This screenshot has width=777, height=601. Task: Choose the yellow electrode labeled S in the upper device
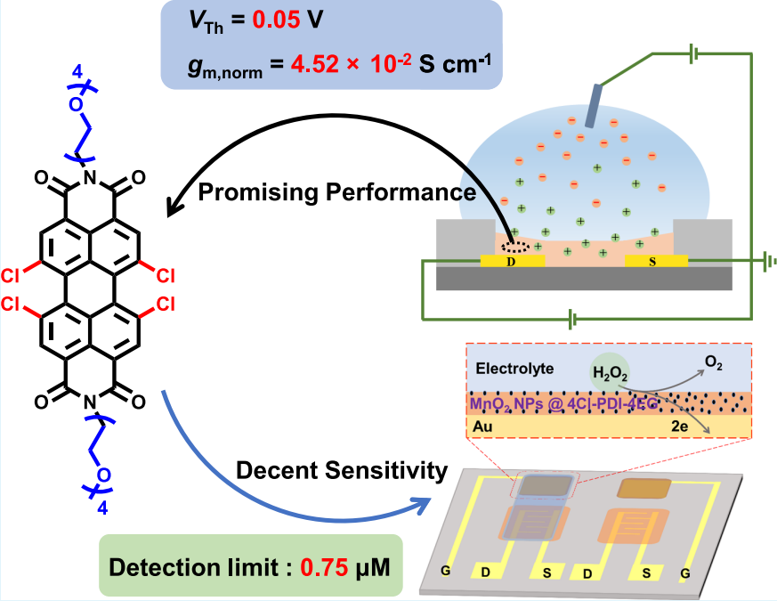pos(655,262)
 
